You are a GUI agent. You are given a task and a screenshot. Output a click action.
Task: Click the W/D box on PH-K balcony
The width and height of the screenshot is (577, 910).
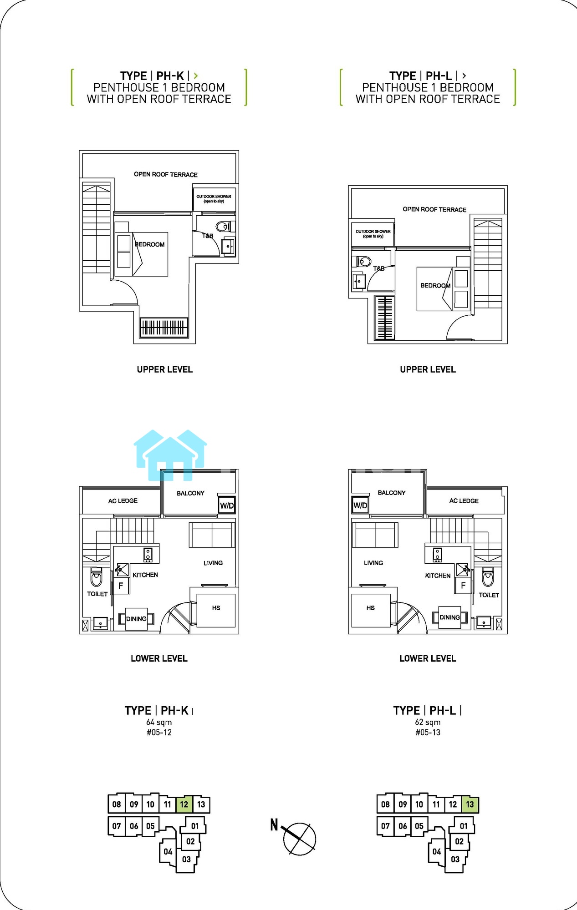pos(227,505)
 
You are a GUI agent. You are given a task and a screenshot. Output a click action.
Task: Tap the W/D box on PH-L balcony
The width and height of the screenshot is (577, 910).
pos(360,505)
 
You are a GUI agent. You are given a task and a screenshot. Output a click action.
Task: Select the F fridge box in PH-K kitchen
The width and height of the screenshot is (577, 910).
pos(121,586)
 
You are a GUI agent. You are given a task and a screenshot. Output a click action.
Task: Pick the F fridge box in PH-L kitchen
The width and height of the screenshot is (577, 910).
pos(463,586)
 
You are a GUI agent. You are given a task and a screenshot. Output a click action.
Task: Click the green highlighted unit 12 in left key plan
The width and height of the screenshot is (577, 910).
pos(184,804)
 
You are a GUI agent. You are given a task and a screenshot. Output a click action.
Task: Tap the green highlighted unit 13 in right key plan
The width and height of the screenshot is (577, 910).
pos(470,804)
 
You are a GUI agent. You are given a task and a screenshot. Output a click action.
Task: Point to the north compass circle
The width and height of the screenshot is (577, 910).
pos(300,839)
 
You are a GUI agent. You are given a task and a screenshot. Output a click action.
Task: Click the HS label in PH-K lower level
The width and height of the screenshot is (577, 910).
pos(216,608)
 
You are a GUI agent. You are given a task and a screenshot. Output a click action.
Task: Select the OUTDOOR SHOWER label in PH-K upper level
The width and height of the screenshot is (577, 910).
pos(214,199)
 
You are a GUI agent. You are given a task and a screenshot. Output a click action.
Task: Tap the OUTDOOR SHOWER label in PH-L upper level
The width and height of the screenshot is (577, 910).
pos(373,234)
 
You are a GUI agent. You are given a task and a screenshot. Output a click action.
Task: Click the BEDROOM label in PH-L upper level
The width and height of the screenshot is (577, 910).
pos(435,285)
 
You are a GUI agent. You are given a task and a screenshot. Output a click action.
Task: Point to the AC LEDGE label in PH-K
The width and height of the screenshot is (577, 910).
pos(123,501)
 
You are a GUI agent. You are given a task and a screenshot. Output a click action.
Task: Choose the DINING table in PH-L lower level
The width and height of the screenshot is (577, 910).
pos(449,617)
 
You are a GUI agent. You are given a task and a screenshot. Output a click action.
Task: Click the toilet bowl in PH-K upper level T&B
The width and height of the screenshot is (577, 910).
pos(223,227)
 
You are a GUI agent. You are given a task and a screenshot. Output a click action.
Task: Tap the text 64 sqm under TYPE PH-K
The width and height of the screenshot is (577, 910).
pos(159,722)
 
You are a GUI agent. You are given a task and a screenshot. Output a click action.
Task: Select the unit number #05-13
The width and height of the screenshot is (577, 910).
pos(428,732)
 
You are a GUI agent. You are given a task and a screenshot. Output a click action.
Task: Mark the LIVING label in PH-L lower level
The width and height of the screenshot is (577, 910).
pos(373,563)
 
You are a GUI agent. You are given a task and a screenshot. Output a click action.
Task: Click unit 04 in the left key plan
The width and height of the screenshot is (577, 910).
pos(168,851)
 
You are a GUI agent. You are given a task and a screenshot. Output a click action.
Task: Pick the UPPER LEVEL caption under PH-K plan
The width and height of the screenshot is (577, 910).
pos(165,369)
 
